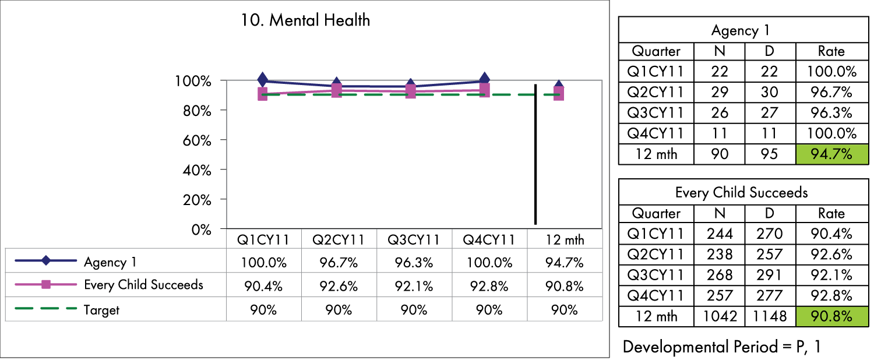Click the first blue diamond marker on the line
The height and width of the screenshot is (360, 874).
pyautogui.click(x=263, y=78)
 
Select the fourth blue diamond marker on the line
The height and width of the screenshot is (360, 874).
pyautogui.click(x=484, y=77)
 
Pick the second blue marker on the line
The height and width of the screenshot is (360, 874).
pyautogui.click(x=336, y=80)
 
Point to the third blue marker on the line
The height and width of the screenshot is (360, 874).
pyautogui.click(x=410, y=82)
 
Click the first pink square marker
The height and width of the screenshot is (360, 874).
pyautogui.click(x=263, y=94)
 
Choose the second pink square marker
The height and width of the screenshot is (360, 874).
pyautogui.click(x=336, y=90)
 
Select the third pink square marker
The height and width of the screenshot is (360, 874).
pyautogui.click(x=410, y=91)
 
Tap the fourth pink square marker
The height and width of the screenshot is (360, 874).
pyautogui.click(x=484, y=90)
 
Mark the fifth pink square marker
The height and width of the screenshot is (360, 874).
pyautogui.click(x=559, y=94)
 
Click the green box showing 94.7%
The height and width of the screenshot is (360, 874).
pyautogui.click(x=831, y=154)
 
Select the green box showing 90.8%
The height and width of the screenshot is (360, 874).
pyautogui.click(x=831, y=316)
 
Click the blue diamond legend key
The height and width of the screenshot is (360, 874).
pyautogui.click(x=46, y=260)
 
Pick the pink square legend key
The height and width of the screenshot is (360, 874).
pyautogui.click(x=46, y=284)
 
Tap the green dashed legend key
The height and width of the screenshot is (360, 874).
pyautogui.click(x=46, y=308)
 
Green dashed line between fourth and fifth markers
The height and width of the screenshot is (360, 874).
pyautogui.click(x=521, y=94)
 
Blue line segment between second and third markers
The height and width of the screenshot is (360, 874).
pyautogui.click(x=373, y=86)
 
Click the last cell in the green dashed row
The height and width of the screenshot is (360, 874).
pyautogui.click(x=565, y=309)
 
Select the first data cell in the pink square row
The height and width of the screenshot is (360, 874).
pyautogui.click(x=264, y=284)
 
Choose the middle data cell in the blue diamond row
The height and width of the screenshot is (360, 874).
pyautogui.click(x=414, y=260)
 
